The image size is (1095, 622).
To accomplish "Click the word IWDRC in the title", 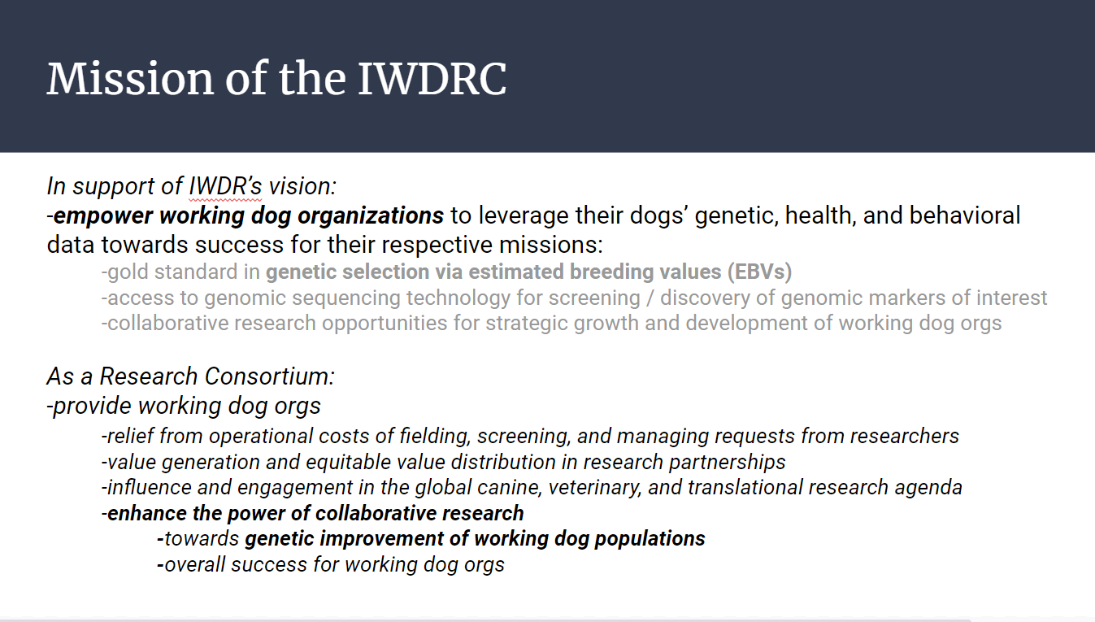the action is (432, 79).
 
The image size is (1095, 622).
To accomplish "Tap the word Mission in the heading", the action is (130, 79).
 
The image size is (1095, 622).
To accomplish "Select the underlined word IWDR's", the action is (225, 186).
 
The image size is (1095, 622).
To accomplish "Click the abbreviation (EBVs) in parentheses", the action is (759, 272).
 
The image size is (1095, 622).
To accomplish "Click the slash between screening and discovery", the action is (650, 298).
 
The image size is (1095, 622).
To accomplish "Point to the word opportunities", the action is (385, 324).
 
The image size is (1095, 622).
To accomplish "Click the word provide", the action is (92, 406).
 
